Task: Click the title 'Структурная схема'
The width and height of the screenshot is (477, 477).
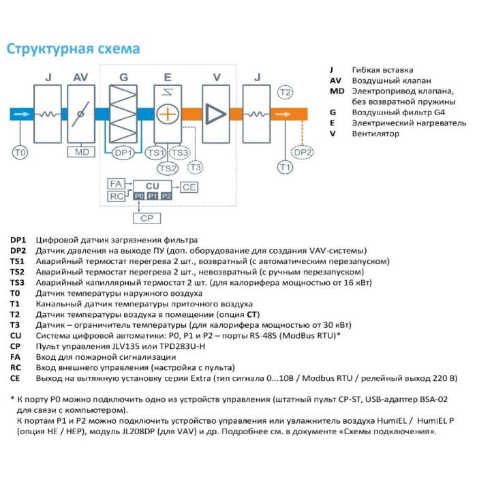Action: pyautogui.click(x=73, y=49)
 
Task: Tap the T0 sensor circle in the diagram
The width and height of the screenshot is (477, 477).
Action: pyautogui.click(x=20, y=153)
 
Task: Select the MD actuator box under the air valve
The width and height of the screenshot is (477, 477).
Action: pyautogui.click(x=82, y=152)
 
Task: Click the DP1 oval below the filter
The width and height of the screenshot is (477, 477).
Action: pyautogui.click(x=123, y=153)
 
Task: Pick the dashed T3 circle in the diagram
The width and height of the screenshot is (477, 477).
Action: pyautogui.click(x=196, y=167)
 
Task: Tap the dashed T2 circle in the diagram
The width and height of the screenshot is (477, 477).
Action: pyautogui.click(x=285, y=92)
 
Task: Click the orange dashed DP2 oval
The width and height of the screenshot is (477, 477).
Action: pyautogui.click(x=304, y=153)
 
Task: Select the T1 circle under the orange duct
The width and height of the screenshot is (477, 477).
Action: pyautogui.click(x=285, y=167)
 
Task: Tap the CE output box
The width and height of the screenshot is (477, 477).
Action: pyautogui.click(x=189, y=187)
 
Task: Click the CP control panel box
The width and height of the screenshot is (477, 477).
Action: pyautogui.click(x=147, y=219)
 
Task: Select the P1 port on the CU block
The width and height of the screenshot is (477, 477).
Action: pyautogui.click(x=153, y=196)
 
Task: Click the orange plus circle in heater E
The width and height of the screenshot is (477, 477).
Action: pyautogui.click(x=166, y=114)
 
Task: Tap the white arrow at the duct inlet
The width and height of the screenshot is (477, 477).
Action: pyautogui.click(x=21, y=114)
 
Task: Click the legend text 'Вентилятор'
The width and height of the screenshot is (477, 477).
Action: pyautogui.click(x=376, y=134)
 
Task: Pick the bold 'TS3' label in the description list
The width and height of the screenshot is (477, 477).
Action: pyautogui.click(x=18, y=282)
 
